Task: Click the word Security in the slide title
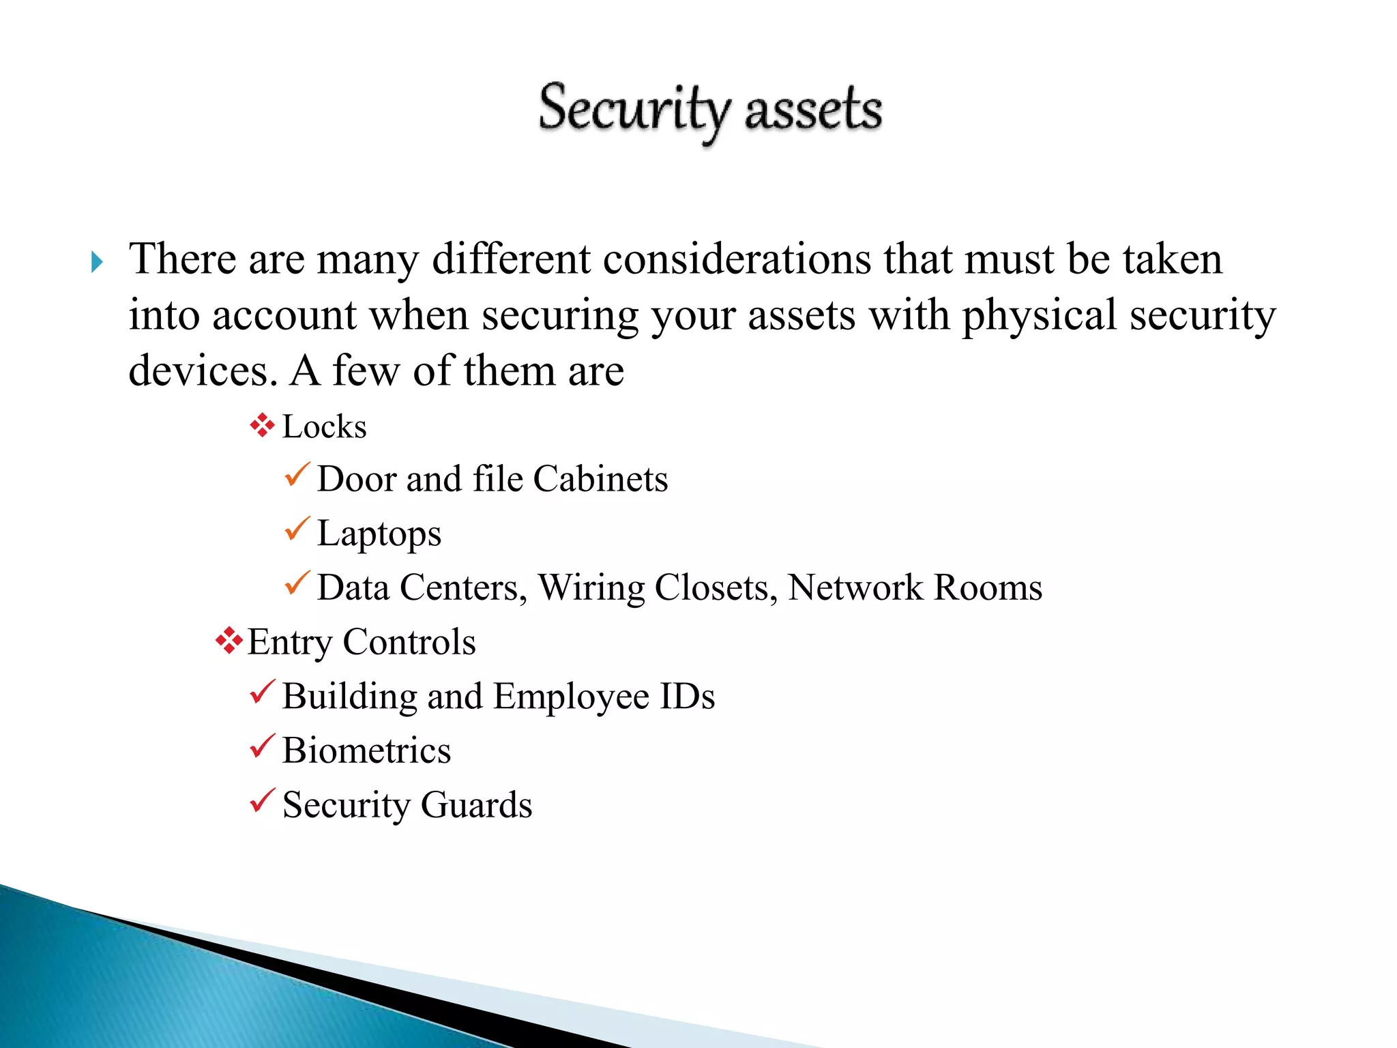634,109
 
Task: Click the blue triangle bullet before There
97,261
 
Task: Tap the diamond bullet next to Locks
262,426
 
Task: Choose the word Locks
324,427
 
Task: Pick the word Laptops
379,534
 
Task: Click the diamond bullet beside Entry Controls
229,641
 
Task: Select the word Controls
409,642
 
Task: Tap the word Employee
571,697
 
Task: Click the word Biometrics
366,751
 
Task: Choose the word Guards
476,805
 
